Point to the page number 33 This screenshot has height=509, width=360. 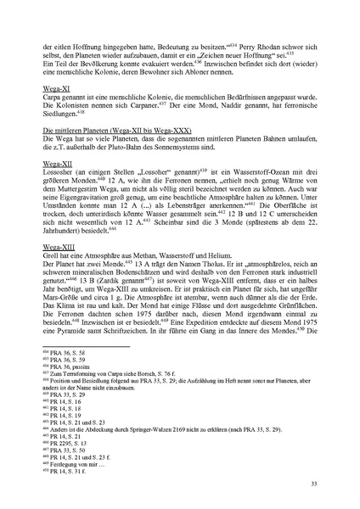tap(314, 483)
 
